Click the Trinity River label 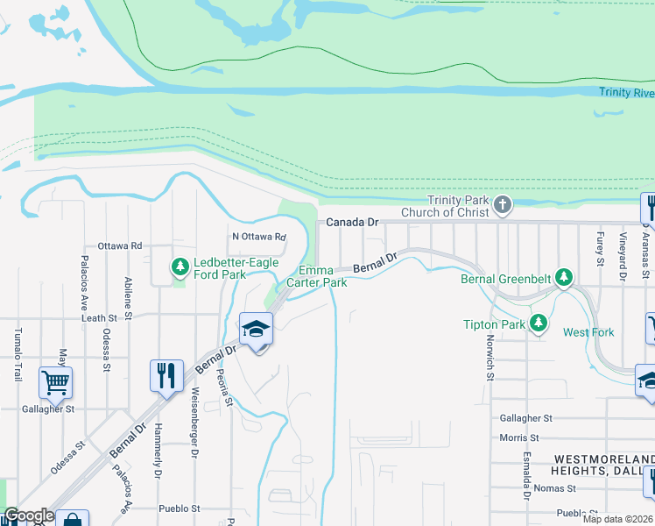[x=626, y=92]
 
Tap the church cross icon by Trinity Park [x=502, y=205]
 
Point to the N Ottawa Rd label [x=258, y=237]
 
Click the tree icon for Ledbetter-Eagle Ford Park [x=180, y=265]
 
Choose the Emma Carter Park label [x=323, y=277]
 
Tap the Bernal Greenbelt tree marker [x=565, y=279]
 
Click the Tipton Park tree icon [x=539, y=323]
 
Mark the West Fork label [x=588, y=332]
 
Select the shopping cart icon [x=54, y=382]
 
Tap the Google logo [x=29, y=515]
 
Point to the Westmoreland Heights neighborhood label [x=604, y=466]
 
